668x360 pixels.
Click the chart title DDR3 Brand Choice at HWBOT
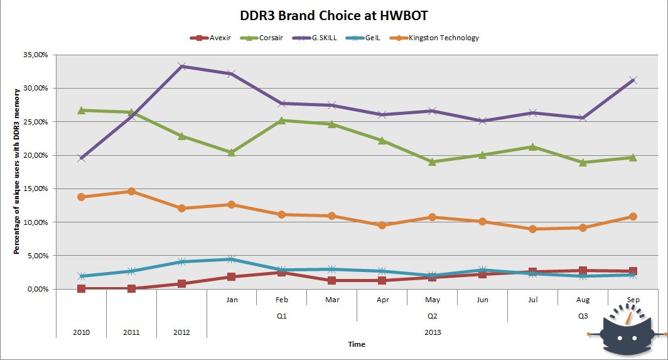click(333, 14)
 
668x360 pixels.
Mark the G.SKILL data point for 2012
click(181, 66)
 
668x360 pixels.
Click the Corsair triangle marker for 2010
click(81, 110)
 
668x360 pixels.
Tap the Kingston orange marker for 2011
click(131, 191)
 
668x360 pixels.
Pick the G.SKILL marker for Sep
click(633, 80)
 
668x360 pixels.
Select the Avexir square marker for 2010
click(81, 288)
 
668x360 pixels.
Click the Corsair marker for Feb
click(282, 120)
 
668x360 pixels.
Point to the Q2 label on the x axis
click(432, 316)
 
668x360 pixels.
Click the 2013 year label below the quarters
click(432, 331)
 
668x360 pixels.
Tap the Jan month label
click(232, 300)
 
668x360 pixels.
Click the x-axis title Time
click(357, 344)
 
